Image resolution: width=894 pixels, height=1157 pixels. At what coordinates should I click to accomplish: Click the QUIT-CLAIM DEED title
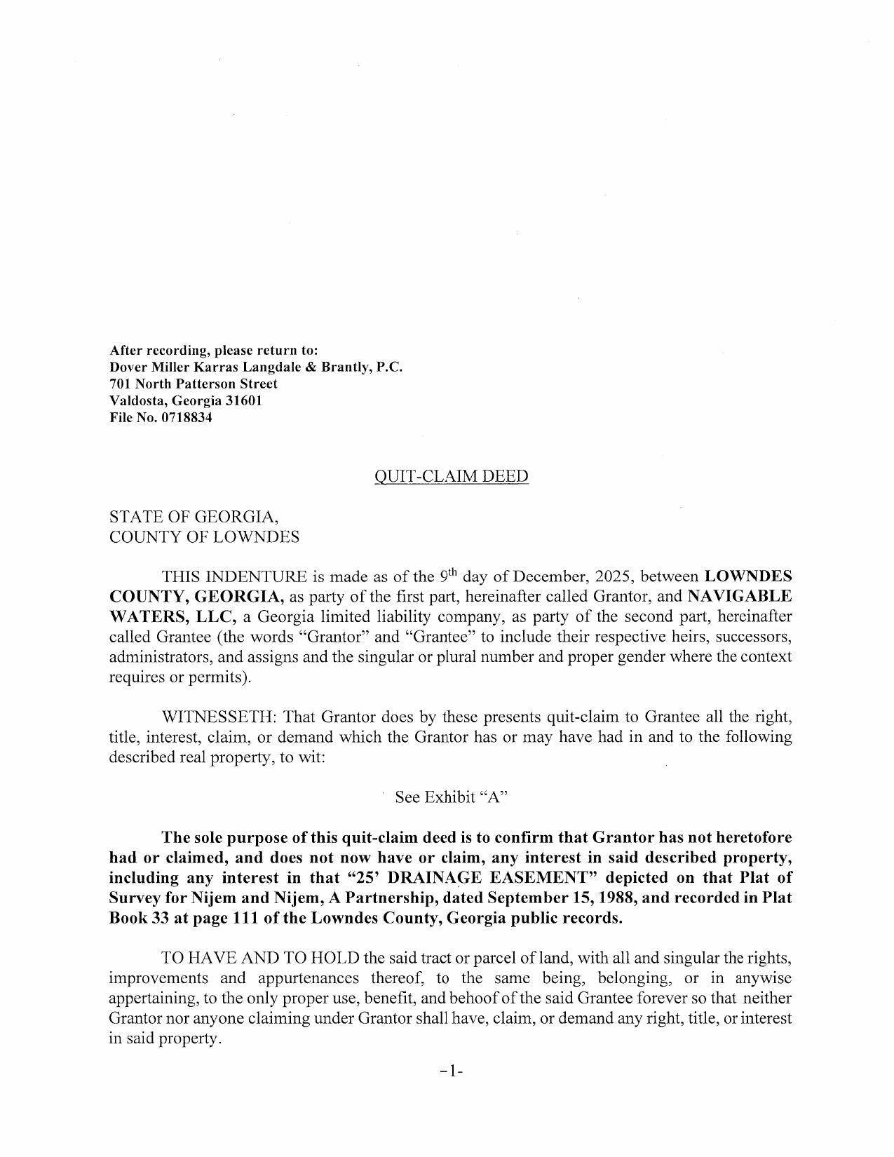click(452, 477)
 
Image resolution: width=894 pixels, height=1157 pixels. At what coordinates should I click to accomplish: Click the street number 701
click(120, 384)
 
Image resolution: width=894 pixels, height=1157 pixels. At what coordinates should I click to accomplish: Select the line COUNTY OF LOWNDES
click(204, 537)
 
